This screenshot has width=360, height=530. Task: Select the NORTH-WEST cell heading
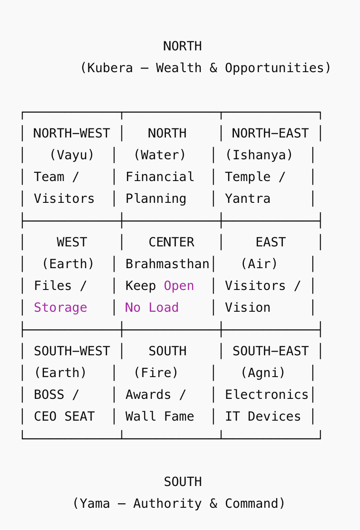[72, 133]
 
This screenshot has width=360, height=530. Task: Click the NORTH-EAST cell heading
[270, 133]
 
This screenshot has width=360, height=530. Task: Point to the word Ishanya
[259, 155]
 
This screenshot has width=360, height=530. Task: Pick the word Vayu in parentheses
[72, 155]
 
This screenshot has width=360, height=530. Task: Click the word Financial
[160, 177]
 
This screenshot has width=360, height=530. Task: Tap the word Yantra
[248, 199]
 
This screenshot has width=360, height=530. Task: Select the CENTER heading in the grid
[171, 242]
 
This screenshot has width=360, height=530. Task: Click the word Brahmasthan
[167, 264]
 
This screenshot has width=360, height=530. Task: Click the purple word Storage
[60, 308]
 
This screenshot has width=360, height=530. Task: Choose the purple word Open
[179, 286]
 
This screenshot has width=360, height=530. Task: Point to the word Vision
[248, 308]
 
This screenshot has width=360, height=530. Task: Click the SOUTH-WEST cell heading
[72, 351]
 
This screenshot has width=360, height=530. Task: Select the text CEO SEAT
[64, 417]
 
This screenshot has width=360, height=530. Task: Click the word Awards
[148, 395]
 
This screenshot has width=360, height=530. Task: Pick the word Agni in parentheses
[263, 373]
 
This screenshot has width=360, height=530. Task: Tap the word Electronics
[267, 395]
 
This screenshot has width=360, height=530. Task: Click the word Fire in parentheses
[156, 373]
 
